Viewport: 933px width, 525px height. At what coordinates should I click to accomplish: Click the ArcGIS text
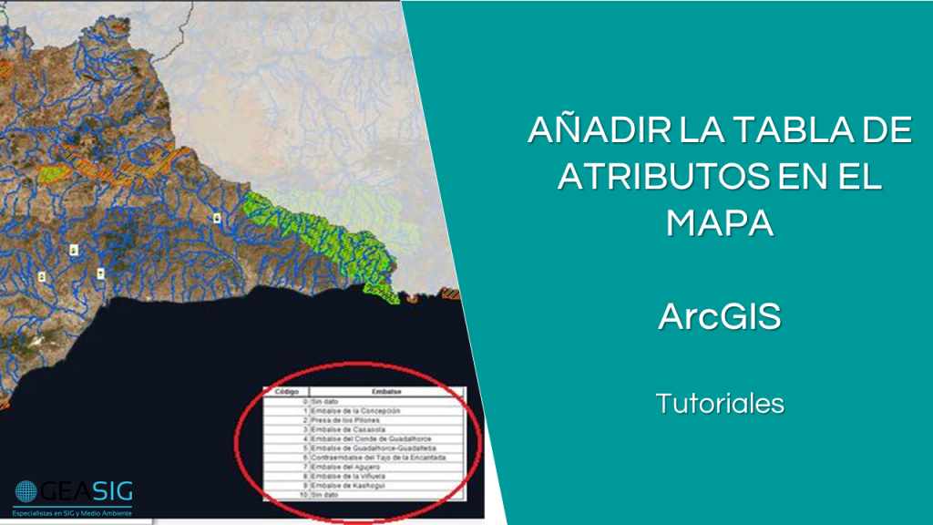[720, 318]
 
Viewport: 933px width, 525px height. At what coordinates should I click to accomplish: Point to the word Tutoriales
[720, 403]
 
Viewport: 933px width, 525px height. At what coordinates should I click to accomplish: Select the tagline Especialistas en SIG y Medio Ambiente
[73, 513]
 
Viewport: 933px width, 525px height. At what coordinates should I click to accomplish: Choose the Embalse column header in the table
[386, 391]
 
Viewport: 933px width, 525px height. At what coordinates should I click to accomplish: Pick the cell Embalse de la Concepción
[355, 410]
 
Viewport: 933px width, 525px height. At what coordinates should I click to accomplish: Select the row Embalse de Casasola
[346, 429]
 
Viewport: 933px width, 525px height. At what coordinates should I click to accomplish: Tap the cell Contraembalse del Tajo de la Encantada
[378, 458]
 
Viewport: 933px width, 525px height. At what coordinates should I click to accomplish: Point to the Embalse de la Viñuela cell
[349, 476]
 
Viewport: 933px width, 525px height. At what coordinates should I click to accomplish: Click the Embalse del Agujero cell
[343, 467]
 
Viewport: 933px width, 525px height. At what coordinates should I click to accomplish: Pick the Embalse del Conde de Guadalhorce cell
[368, 438]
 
